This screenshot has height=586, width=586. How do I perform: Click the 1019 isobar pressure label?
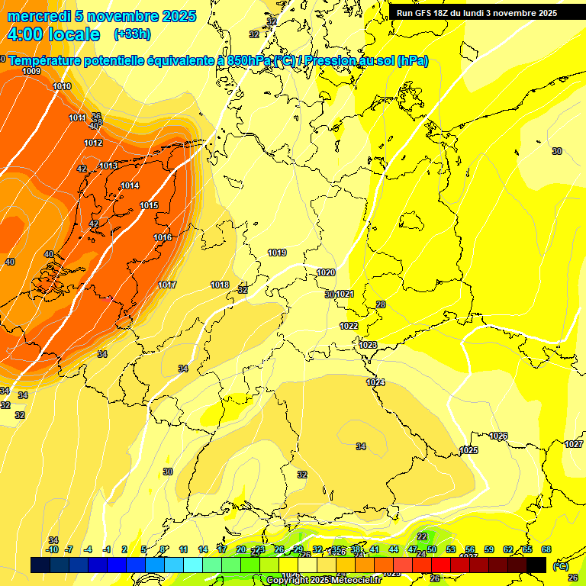(x=277, y=253)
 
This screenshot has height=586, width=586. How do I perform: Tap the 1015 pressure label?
(x=149, y=205)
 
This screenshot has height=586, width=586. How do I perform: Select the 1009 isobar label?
(x=31, y=71)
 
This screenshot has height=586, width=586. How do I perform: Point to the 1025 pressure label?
(x=468, y=450)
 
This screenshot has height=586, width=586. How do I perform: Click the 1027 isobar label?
(x=574, y=444)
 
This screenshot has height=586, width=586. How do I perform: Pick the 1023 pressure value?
(x=368, y=345)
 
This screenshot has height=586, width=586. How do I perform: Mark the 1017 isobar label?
(x=167, y=285)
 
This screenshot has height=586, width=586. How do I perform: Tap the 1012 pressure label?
(x=93, y=143)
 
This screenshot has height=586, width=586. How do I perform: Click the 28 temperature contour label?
(x=381, y=304)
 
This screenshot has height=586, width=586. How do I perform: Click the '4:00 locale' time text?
(x=53, y=34)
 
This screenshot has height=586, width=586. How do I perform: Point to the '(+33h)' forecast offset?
(x=132, y=34)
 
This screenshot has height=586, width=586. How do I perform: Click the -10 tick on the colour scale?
(x=52, y=549)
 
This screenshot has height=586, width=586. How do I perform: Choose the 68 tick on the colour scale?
(x=546, y=549)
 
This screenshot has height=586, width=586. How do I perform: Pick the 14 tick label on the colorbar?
(x=202, y=549)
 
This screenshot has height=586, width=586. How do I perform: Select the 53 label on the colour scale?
(x=450, y=549)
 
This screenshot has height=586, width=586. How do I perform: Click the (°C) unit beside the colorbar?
(x=560, y=565)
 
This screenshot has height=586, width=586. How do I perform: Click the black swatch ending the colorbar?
(x=536, y=565)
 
